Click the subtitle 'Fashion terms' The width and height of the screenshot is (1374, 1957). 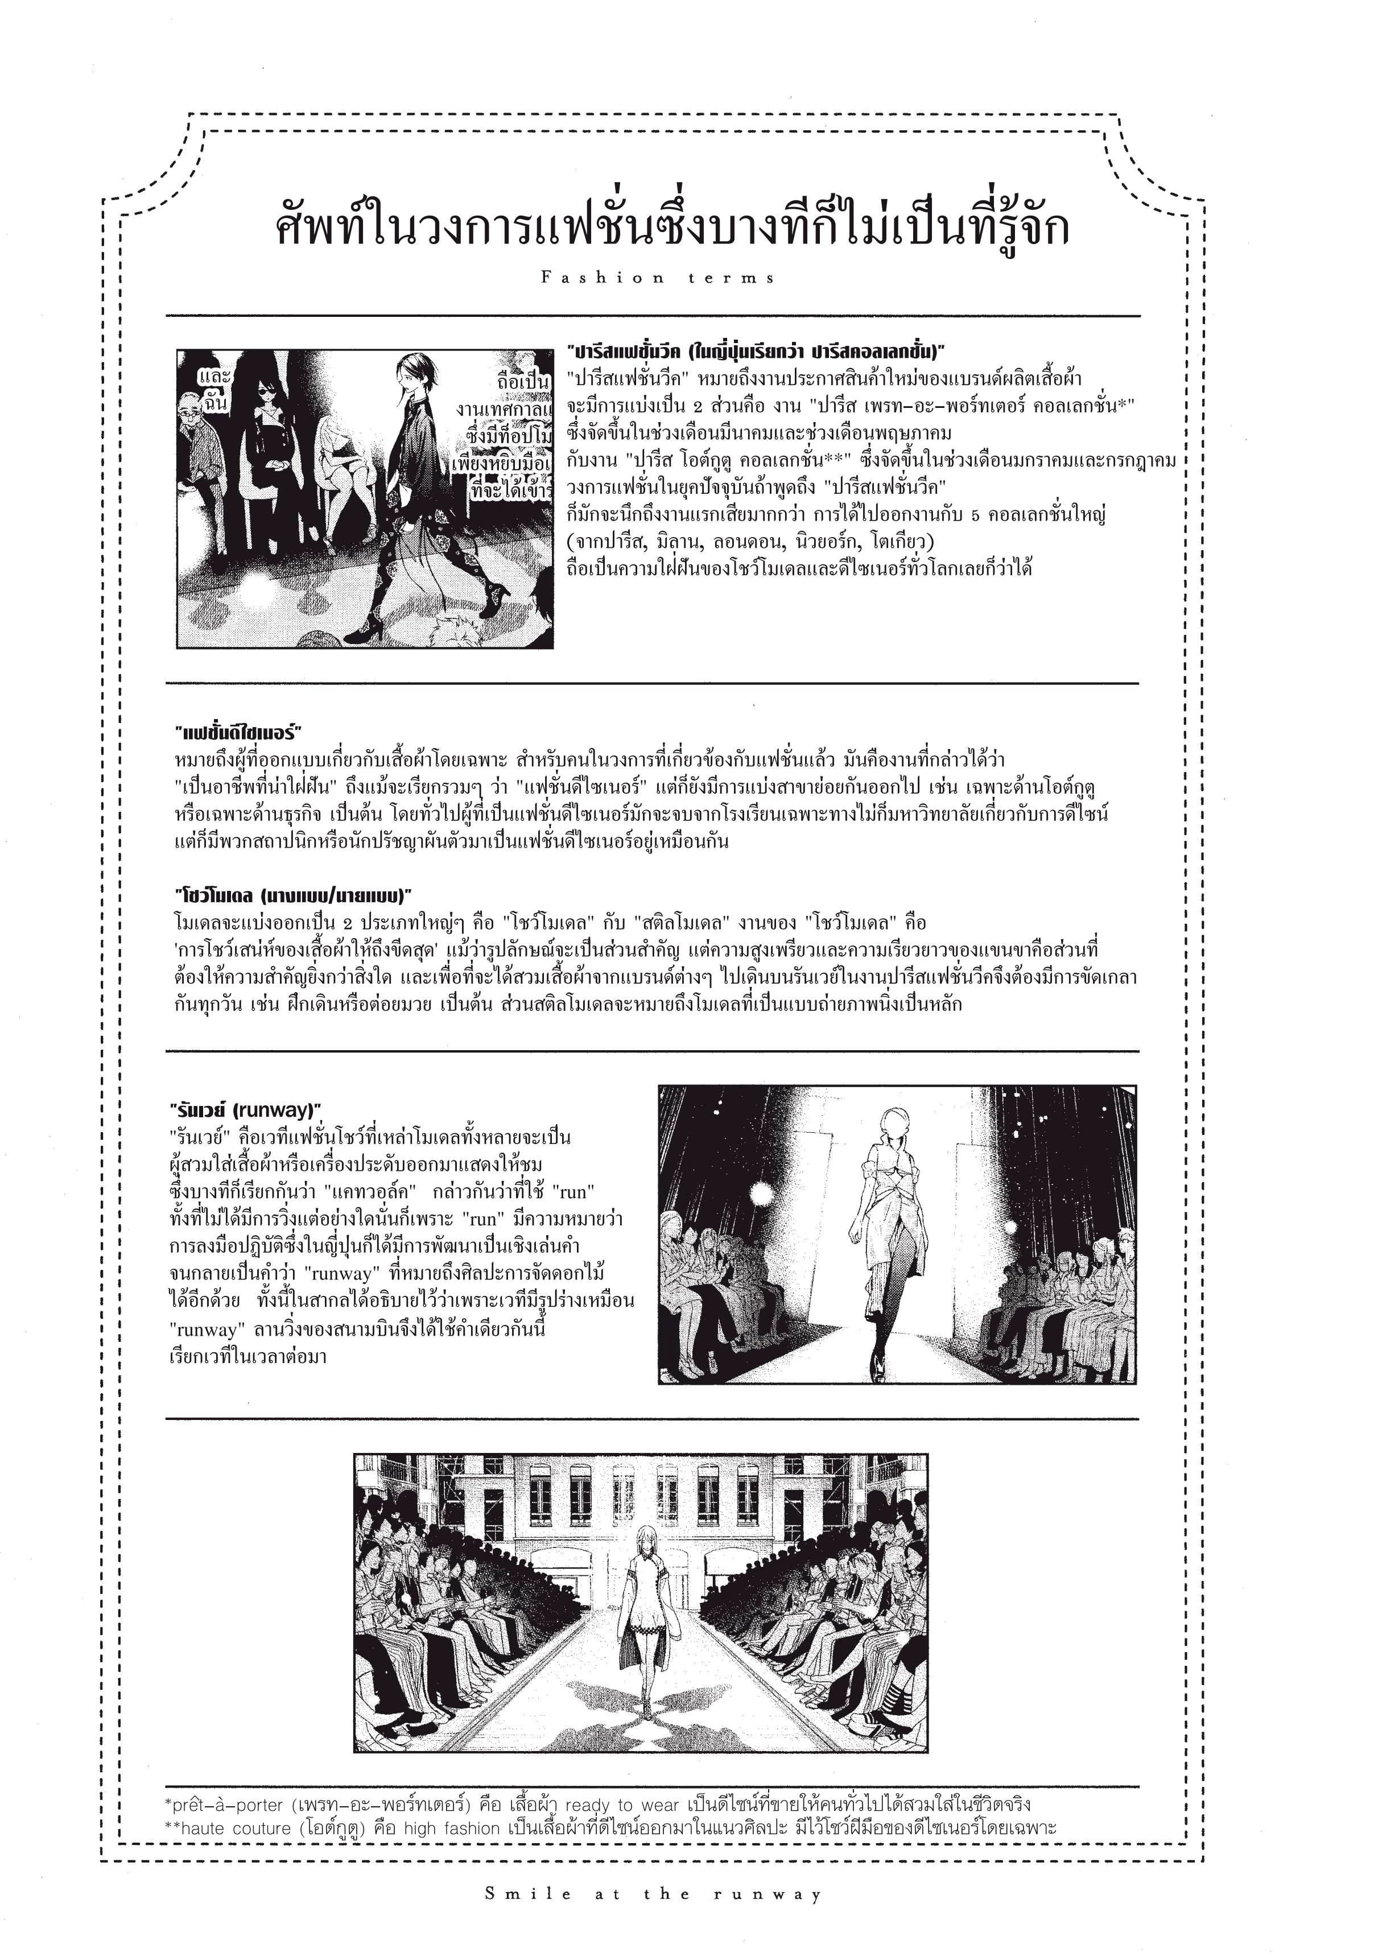tap(658, 278)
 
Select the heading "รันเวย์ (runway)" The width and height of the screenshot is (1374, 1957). tap(245, 1110)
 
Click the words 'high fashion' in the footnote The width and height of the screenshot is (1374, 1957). tap(452, 1827)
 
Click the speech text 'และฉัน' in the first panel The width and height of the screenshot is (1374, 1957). tap(214, 389)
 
